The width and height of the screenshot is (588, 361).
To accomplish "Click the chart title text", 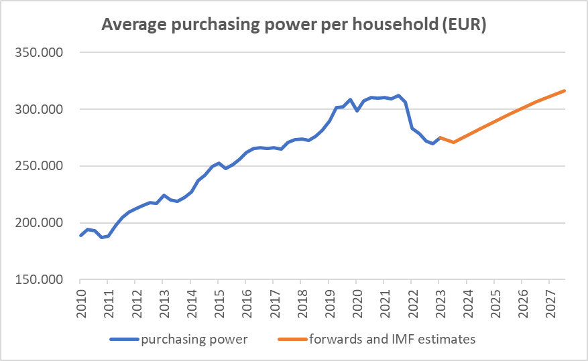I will coord(294,25).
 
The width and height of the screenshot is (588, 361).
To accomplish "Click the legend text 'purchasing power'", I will coord(194,340).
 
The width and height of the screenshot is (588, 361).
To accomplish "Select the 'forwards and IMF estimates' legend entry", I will coord(392,340).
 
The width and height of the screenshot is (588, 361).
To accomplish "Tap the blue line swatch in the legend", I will coord(125,340).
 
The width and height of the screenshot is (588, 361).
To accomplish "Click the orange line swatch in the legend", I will coord(294,340).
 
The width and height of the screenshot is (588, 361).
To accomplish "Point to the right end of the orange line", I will coord(565,90).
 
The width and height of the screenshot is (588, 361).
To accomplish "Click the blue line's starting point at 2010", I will coord(80,236).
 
